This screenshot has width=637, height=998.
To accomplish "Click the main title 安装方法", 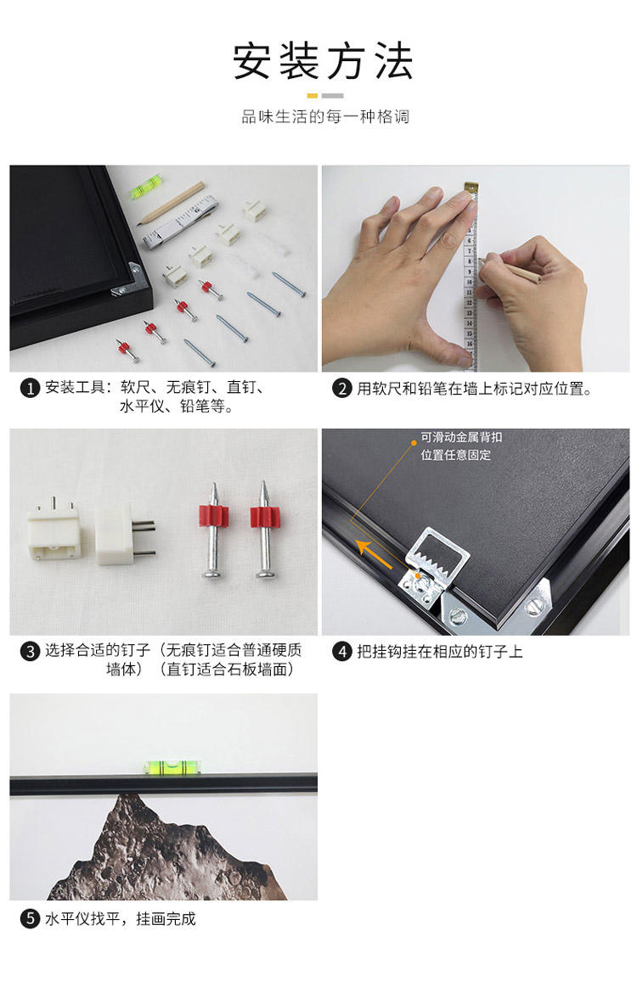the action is (x=323, y=62).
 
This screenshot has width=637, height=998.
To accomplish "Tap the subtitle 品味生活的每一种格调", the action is (x=324, y=117).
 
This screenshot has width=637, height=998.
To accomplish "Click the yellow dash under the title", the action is (x=313, y=96).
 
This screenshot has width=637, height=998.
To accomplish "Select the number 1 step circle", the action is (x=29, y=388).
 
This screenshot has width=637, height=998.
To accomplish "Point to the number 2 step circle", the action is (x=342, y=389).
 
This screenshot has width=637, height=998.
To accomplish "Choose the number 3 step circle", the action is (x=29, y=651).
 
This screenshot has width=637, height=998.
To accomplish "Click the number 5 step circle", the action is (x=29, y=919).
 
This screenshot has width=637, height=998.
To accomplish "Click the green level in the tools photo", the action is (x=145, y=184).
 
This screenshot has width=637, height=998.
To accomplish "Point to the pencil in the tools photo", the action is (x=171, y=204).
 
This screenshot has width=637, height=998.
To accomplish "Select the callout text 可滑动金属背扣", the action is (x=461, y=437).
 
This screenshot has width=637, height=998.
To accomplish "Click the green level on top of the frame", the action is (x=172, y=767).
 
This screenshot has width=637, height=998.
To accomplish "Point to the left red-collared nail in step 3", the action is (x=213, y=530).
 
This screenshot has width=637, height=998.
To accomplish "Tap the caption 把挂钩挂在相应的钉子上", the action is (x=440, y=652).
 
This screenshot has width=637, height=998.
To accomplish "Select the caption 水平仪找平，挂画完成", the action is (x=121, y=919).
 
